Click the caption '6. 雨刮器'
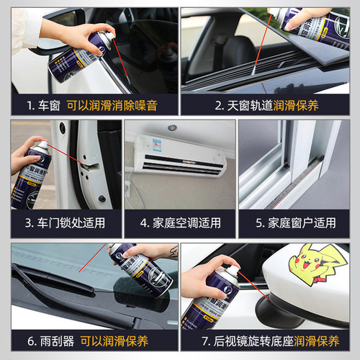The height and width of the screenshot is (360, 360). click(45, 340)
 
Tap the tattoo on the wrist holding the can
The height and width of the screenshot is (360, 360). click(173, 252)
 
